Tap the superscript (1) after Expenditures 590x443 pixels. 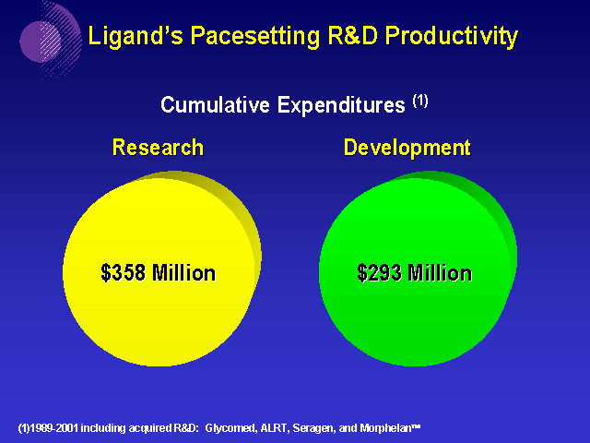point(420,101)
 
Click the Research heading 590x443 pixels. point(158,148)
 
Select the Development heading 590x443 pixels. point(407,148)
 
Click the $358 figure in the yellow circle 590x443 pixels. point(124,272)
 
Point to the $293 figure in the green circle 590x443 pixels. point(380,272)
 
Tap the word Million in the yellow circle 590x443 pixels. point(183,272)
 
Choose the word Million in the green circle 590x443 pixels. point(440,272)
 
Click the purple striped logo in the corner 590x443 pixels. point(48,39)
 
